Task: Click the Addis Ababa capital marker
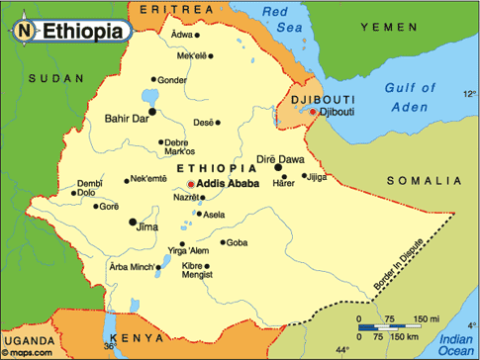191,184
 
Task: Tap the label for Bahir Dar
128,119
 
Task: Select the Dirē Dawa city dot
278,168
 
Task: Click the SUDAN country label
49,77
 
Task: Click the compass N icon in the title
22,32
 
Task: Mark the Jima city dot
133,223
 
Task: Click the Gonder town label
171,80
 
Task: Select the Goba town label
238,242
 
